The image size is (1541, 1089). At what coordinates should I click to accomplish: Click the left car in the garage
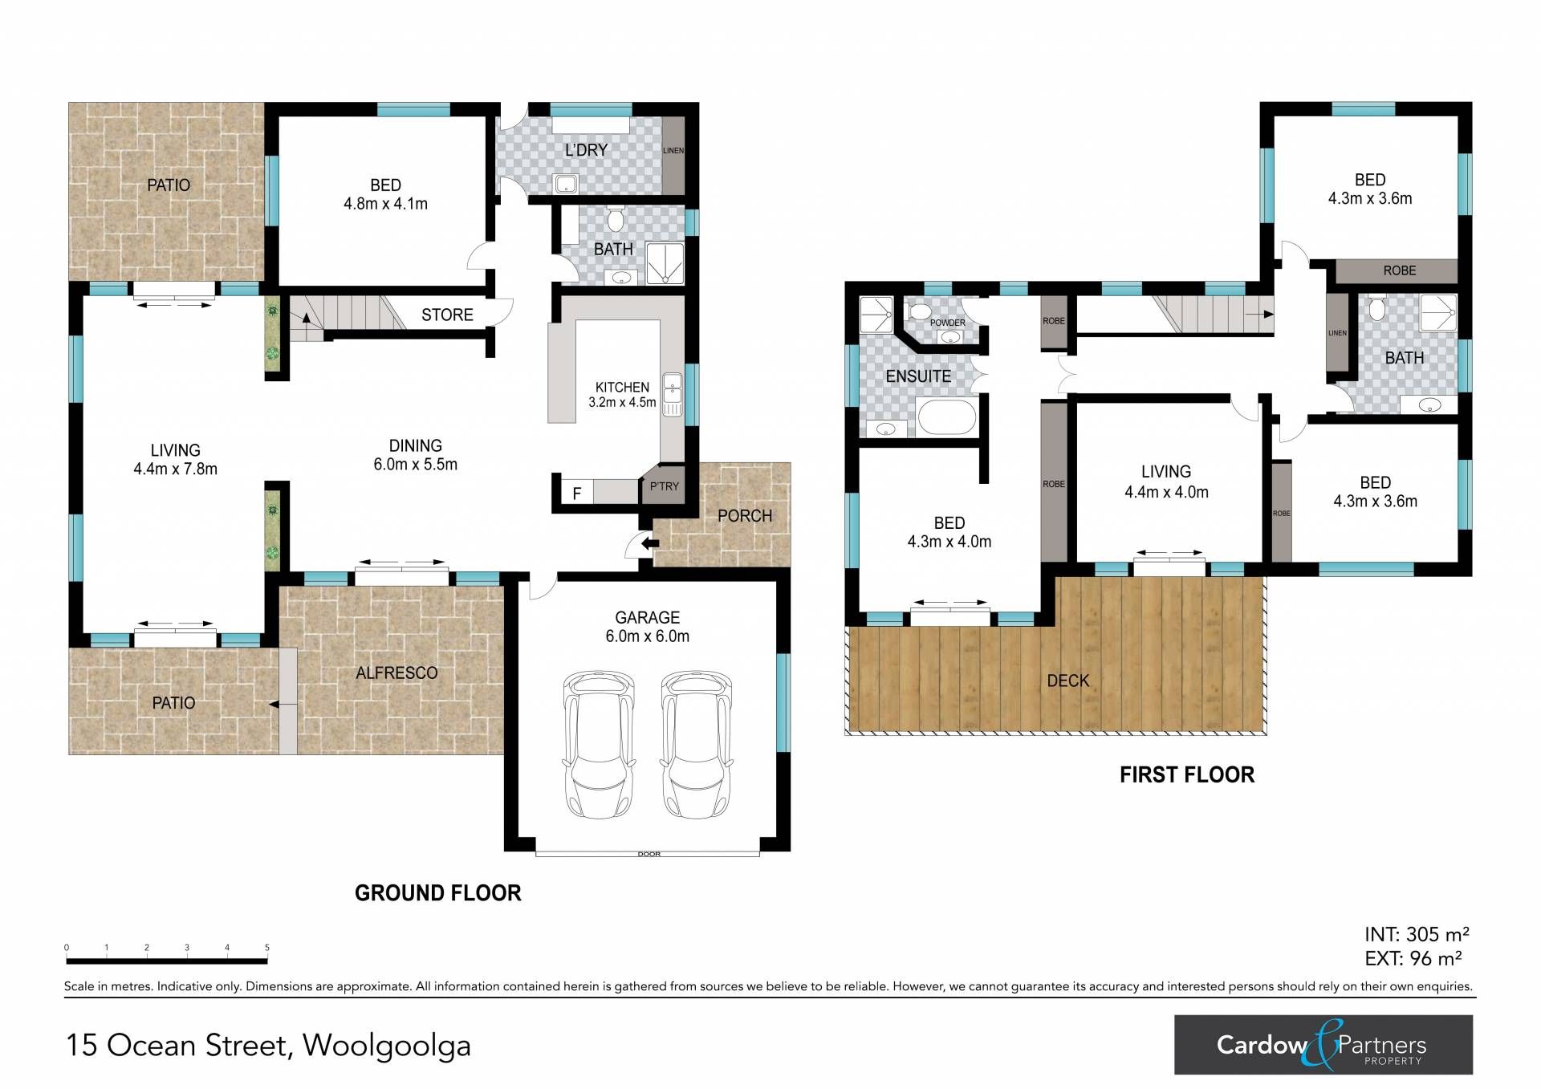(x=599, y=745)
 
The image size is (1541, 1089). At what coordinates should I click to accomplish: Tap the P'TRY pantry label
(x=665, y=486)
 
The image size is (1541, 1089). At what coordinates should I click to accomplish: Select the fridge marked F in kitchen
(x=576, y=493)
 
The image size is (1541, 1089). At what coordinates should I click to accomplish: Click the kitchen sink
(x=672, y=395)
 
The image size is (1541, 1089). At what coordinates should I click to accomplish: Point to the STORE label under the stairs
(x=447, y=315)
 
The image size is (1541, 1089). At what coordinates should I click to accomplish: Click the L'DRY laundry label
(x=586, y=150)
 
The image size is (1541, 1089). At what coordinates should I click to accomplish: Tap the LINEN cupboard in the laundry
(x=673, y=156)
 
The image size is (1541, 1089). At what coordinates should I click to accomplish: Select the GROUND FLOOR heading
(x=438, y=892)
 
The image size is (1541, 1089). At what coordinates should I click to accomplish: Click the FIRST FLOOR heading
(x=1187, y=774)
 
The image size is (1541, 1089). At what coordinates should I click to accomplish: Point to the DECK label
(x=1067, y=681)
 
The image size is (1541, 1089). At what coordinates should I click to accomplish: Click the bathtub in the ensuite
(x=947, y=417)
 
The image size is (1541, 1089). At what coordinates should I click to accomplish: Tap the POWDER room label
(x=948, y=323)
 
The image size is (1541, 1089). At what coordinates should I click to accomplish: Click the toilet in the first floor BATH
(x=1377, y=307)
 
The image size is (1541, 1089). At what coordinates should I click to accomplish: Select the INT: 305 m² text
(x=1417, y=934)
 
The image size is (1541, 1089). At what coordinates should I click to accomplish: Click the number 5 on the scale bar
(x=267, y=948)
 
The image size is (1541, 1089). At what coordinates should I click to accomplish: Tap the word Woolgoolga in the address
(x=387, y=1045)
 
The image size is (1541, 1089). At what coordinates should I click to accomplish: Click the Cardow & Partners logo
(x=1323, y=1045)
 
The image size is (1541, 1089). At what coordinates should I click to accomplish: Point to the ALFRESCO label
(x=396, y=672)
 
